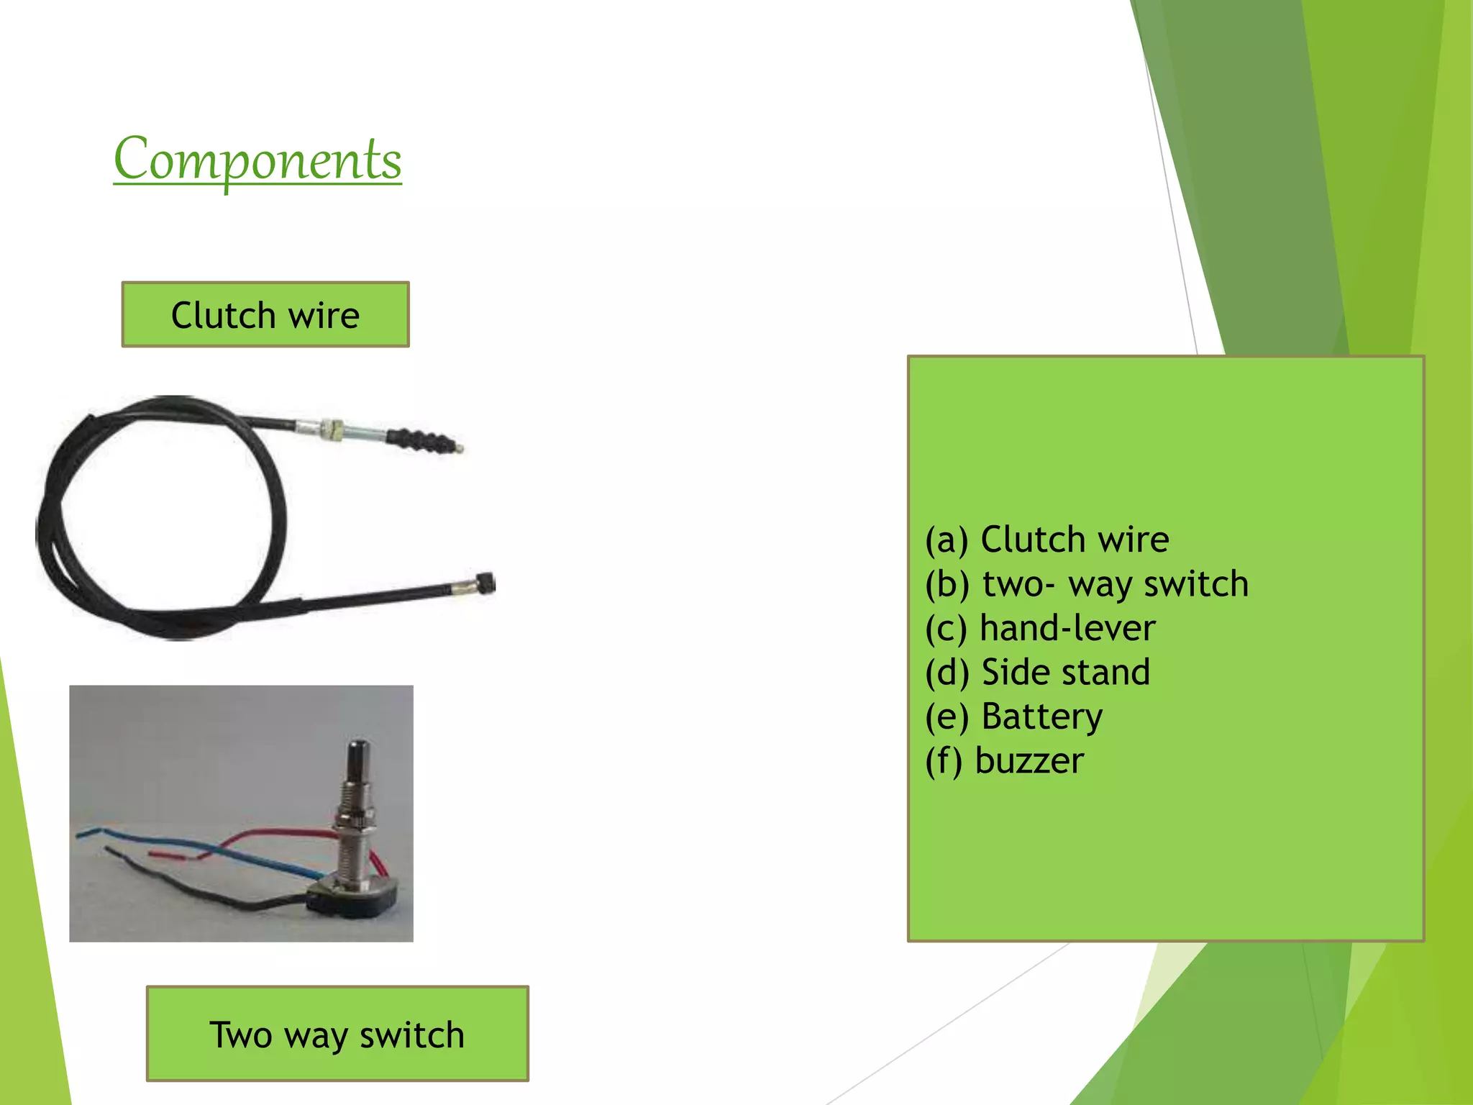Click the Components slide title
[257, 160]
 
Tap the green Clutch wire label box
[265, 314]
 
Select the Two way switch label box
[337, 1033]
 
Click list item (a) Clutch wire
[1046, 540]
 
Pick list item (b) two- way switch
[1086, 583]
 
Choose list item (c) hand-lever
[1040, 628]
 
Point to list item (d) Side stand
[1037, 672]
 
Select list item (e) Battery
[1013, 717]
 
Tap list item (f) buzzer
[1004, 760]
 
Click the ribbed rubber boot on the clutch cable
[421, 440]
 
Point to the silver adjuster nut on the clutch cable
[331, 430]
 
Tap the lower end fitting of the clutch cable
[483, 583]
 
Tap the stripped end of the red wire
[162, 855]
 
